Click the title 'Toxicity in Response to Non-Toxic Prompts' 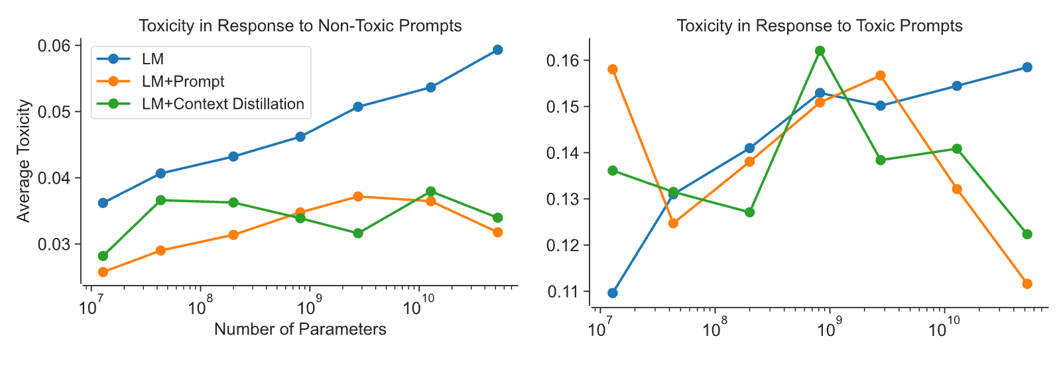300,26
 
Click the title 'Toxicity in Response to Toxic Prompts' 820,26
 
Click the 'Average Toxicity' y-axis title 23,160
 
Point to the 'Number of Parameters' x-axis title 300,329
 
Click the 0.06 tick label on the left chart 54,46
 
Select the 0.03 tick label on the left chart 54,245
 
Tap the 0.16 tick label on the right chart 562,60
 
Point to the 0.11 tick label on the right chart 562,292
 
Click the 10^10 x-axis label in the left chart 418,305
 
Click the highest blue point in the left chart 497,50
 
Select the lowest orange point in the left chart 103,272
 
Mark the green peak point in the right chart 820,50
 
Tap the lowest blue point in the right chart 613,293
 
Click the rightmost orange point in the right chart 1027,284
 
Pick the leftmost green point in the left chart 103,256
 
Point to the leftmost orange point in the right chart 613,70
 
